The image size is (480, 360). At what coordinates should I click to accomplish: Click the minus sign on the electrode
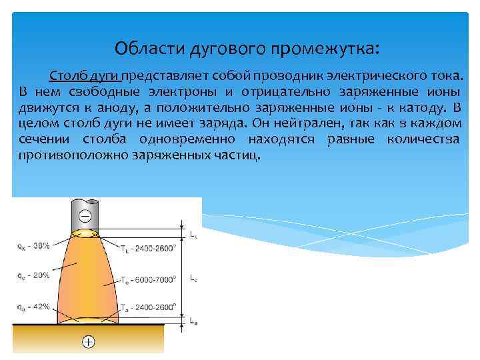85,216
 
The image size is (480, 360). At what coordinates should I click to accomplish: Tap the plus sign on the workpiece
88,342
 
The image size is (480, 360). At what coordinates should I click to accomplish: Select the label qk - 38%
33,245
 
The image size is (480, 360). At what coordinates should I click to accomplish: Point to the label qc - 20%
33,275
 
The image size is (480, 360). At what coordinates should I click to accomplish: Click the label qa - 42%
33,307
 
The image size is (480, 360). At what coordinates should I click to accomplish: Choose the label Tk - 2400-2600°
148,249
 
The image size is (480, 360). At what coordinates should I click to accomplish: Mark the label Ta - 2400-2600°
148,309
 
